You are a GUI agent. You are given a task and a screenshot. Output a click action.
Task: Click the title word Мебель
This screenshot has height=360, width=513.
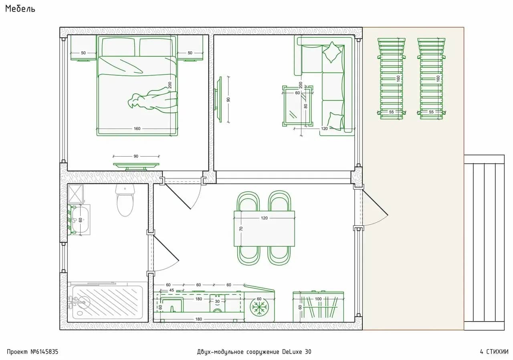click(20, 9)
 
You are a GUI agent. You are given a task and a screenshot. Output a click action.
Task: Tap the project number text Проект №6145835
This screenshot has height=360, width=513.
click(32, 352)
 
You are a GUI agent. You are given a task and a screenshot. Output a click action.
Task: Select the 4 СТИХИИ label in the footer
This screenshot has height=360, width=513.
click(494, 352)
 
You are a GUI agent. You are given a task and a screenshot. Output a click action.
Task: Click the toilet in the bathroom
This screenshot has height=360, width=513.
click(125, 201)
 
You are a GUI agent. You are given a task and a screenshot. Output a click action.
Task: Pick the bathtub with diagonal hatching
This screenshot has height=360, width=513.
click(107, 302)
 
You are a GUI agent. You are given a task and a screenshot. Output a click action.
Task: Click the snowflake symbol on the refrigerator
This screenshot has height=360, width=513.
click(259, 306)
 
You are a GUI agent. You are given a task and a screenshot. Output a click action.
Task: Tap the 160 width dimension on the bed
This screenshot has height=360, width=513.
click(137, 129)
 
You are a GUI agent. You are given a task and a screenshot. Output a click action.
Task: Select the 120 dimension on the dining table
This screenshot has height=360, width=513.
click(264, 218)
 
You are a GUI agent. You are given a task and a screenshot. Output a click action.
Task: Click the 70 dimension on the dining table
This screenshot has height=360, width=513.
click(241, 229)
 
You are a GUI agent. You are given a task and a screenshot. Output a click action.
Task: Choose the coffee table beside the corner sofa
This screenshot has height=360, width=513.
click(297, 106)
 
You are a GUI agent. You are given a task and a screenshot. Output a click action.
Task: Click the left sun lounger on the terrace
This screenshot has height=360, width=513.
click(392, 79)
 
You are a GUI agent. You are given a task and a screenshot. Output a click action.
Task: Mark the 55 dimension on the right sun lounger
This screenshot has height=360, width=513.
click(431, 112)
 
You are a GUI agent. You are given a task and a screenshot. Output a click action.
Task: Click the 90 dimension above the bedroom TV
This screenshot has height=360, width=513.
click(136, 156)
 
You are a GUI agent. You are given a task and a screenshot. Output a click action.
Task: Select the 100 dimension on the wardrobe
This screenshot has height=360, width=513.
click(318, 299)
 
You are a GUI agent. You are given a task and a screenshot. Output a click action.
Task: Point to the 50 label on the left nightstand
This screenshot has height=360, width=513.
click(83, 53)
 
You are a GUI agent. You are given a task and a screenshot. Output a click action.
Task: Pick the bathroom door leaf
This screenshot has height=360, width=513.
click(166, 248)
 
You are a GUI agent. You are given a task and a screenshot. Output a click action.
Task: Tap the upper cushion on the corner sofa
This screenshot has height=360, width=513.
click(332, 52)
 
